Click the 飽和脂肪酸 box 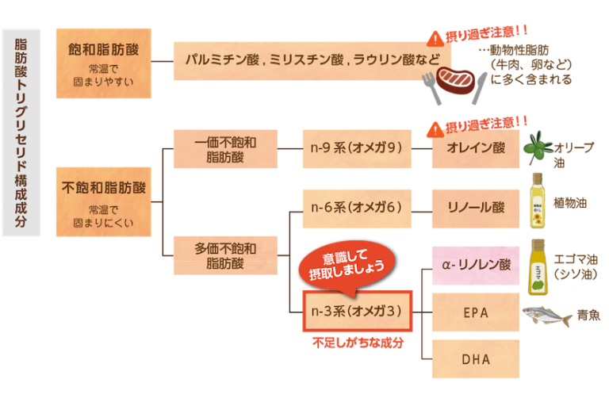coord(103,63)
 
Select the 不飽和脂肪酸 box coord(103,201)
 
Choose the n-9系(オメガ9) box coord(357,148)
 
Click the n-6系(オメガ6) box coord(357,209)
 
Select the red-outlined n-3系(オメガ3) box coord(357,312)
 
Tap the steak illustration coord(454,81)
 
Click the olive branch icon coord(542,147)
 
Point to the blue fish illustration coord(547,316)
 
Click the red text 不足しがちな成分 coord(357,343)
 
